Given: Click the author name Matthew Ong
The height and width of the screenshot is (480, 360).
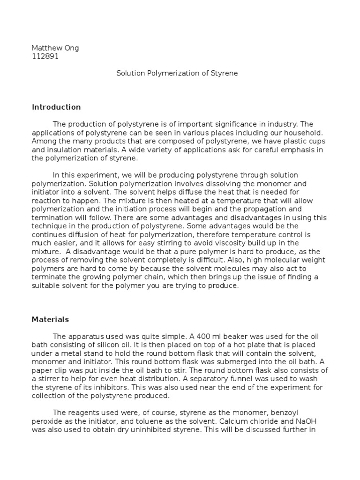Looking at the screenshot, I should click(55, 48).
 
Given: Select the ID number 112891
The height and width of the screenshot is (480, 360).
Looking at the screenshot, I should click(45, 56).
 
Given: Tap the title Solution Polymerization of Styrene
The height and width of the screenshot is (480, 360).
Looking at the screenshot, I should click(177, 73).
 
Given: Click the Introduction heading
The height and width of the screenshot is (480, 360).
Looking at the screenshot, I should click(56, 107).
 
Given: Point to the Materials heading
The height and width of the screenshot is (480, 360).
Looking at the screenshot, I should click(50, 319).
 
